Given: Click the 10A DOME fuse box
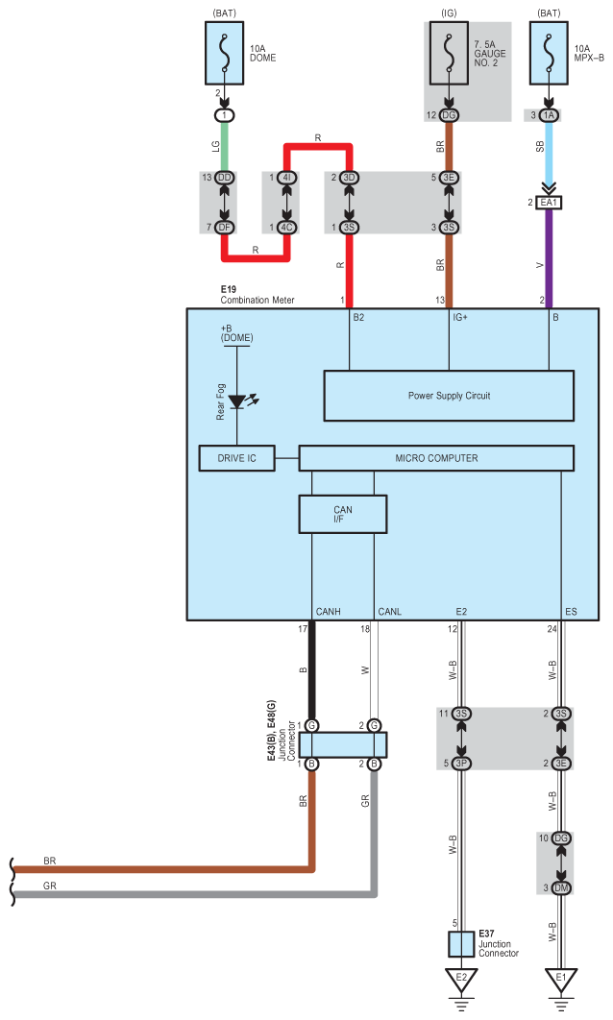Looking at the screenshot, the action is point(225,53).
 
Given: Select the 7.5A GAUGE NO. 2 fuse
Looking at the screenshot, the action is point(449,53).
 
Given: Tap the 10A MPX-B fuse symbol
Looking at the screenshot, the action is point(549,53).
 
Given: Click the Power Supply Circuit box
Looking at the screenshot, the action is point(449,396).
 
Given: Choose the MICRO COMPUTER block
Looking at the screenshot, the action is point(436,458).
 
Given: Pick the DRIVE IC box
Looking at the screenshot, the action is point(237,458).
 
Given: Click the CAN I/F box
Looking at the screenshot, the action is point(343,515).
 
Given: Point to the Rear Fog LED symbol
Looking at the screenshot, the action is point(239,401).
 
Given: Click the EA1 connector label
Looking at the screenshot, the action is point(549,203).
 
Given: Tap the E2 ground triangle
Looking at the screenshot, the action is point(461,979).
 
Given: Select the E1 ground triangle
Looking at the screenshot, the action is point(561,979).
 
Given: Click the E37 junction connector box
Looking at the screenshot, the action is point(461,944).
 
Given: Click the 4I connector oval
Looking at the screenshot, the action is point(287,178).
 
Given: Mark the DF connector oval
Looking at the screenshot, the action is point(225,227).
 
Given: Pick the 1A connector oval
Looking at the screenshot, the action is point(549,115).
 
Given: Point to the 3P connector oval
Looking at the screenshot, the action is point(461,763).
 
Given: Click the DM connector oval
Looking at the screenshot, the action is point(561,888).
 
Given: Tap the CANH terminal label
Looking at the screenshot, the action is point(328,612).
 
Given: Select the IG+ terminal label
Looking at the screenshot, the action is point(460,318).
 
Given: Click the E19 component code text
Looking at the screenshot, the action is point(229,289).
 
